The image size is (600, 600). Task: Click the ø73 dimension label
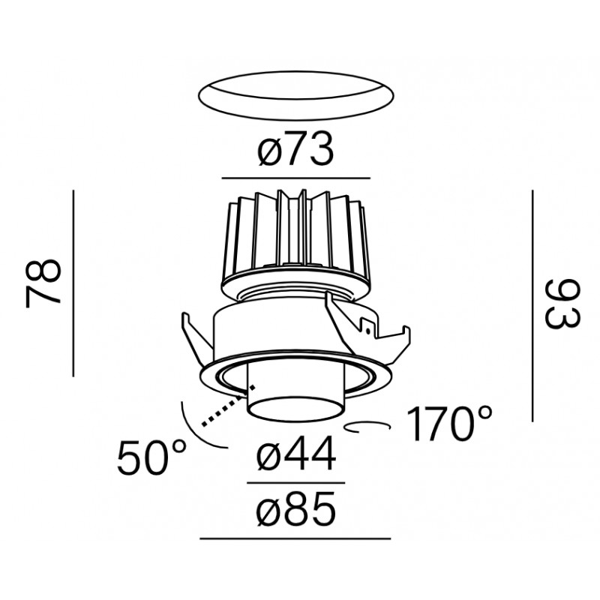[295, 149]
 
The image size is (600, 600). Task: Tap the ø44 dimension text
[295, 454]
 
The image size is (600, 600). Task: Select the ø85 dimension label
[295, 509]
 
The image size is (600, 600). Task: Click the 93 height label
[562, 304]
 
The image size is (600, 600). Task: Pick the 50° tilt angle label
[152, 457]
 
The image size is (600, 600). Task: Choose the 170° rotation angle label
[448, 424]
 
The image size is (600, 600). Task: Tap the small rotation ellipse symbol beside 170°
[367, 427]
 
